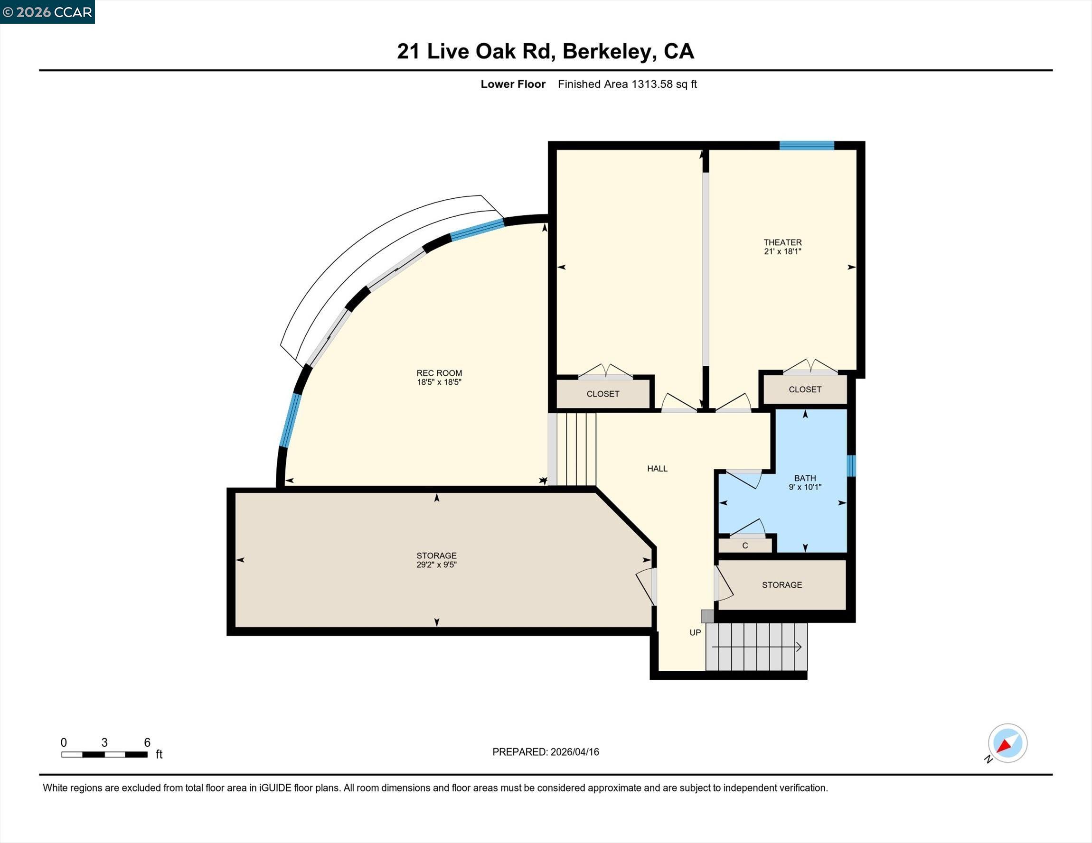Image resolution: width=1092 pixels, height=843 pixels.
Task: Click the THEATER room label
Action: (782, 242)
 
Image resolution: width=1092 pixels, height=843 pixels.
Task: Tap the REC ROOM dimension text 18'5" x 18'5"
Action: (439, 382)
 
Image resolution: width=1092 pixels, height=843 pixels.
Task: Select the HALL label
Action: (657, 469)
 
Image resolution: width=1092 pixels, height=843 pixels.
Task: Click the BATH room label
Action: (804, 478)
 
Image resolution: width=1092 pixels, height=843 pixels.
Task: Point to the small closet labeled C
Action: (745, 546)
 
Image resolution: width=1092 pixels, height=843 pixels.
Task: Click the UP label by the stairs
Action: (695, 633)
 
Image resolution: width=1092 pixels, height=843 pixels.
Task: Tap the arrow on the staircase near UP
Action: (799, 647)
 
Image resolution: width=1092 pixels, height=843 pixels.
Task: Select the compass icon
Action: (1007, 743)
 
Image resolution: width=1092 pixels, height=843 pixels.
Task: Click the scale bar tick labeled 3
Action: (104, 742)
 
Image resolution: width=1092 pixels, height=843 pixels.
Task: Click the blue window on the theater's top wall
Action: (807, 146)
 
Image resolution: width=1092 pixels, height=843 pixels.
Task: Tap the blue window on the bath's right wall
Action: (851, 465)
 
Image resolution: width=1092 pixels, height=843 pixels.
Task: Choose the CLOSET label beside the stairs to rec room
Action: (602, 394)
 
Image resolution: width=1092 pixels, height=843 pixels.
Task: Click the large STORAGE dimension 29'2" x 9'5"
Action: (436, 565)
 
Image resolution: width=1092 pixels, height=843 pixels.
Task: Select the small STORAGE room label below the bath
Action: (781, 584)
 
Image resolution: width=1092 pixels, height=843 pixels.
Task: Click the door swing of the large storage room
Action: (646, 586)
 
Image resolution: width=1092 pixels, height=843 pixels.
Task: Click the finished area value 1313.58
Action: (652, 84)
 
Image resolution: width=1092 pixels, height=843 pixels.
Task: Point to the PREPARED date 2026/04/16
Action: (574, 752)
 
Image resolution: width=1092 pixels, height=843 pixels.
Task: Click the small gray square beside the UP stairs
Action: (707, 616)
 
